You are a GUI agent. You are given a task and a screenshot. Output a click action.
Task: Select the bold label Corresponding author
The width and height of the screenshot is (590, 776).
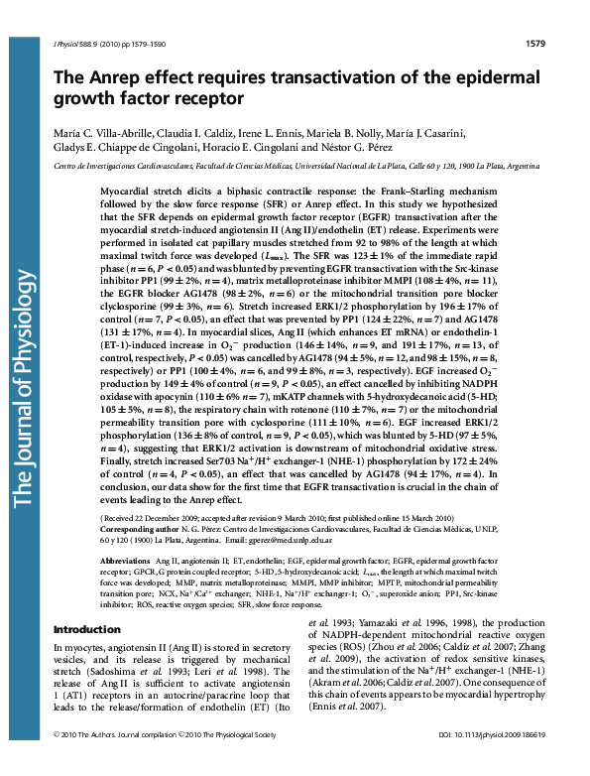(145, 532)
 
